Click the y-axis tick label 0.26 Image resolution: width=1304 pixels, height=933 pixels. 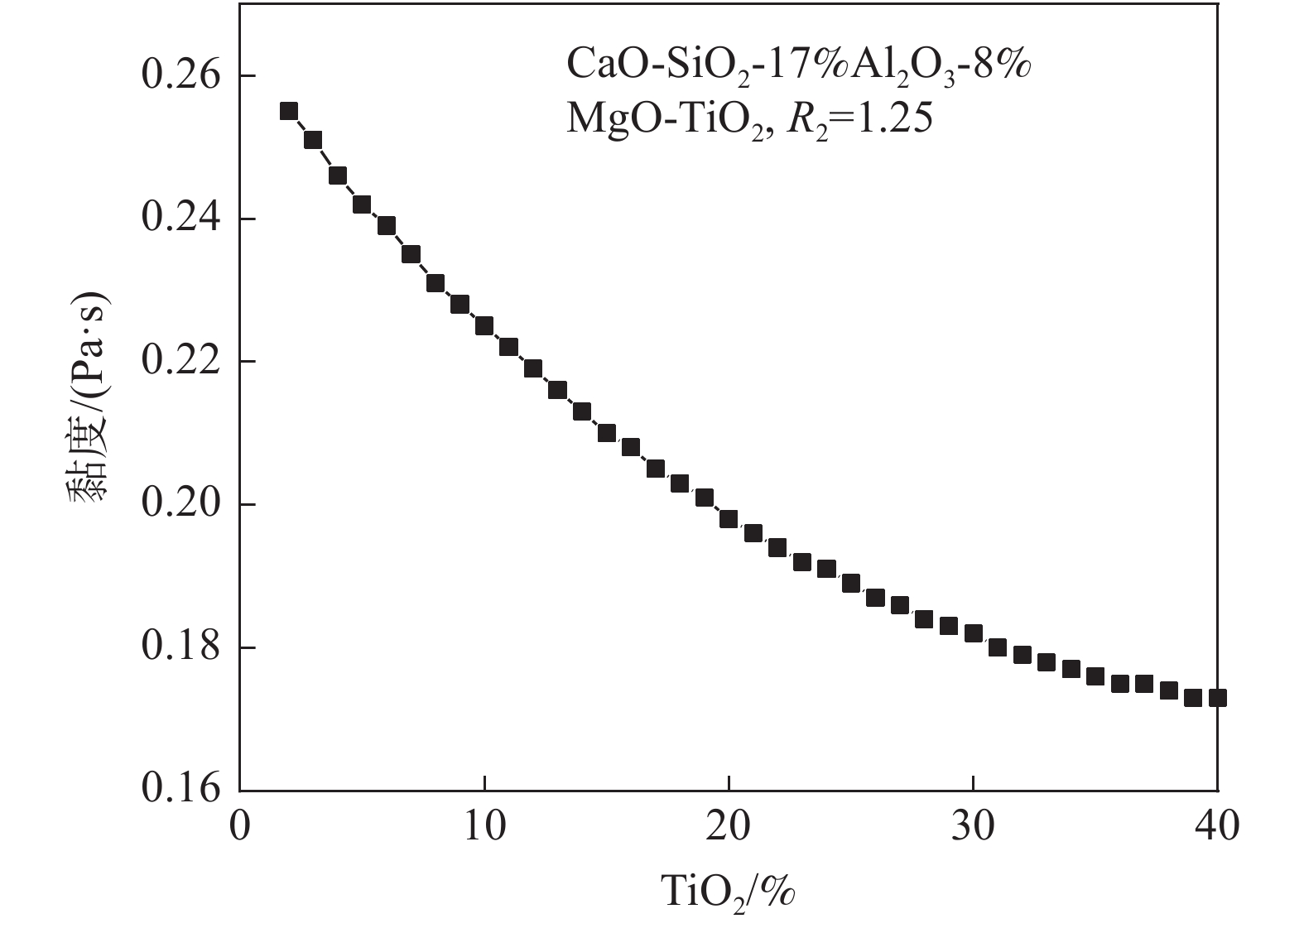point(181,76)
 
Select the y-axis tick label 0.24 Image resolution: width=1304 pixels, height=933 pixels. point(181,219)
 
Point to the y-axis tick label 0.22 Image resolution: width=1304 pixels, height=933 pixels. point(181,362)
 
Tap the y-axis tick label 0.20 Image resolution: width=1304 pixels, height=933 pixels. point(181,505)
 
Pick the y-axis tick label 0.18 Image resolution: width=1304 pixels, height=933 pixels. point(181,647)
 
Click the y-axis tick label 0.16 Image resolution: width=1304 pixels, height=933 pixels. point(181,789)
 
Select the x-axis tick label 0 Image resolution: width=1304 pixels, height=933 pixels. point(240,827)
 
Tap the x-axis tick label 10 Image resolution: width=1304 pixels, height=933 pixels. point(484,827)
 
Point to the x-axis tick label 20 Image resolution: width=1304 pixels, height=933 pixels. point(729,827)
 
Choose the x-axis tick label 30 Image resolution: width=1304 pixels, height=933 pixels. point(973,827)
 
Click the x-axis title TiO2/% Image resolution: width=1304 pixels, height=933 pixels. point(729,892)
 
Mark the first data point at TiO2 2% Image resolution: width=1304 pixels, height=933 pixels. point(289,112)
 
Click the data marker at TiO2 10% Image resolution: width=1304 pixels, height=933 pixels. point(484,325)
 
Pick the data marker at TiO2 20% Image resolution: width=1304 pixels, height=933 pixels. point(729,519)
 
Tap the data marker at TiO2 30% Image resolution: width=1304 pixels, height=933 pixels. point(974,633)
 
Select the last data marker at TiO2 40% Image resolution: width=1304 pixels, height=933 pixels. point(1217,698)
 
